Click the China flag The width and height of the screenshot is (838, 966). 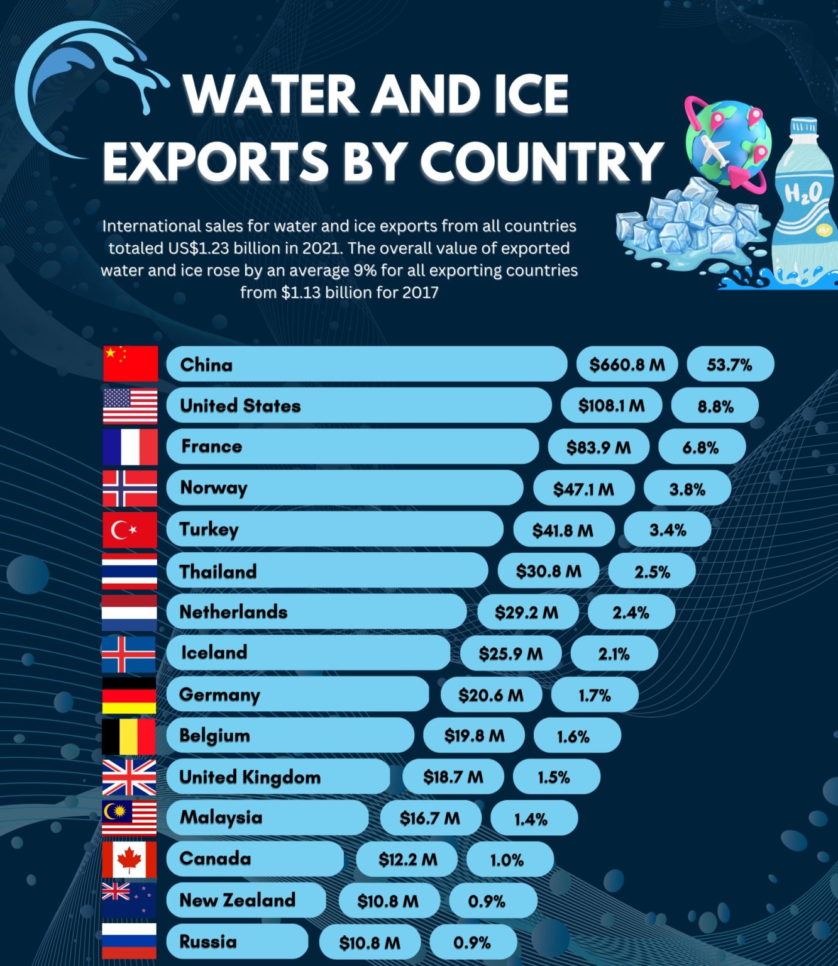coord(130,364)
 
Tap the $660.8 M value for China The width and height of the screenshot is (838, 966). coord(627,365)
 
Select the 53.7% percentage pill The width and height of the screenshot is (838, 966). coord(729,365)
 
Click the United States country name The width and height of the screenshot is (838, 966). coord(240,406)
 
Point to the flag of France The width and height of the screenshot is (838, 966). coord(130,447)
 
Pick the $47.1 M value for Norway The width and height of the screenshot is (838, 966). coord(583,489)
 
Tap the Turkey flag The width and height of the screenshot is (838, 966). coord(130,530)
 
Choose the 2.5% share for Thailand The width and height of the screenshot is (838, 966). coord(652,572)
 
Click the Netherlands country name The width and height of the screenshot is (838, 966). coord(233,612)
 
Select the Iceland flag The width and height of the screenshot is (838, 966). coord(129,654)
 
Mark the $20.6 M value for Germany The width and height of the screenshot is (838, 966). coord(490,695)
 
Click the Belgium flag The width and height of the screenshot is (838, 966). coord(129,736)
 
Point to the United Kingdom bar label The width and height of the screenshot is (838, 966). coord(250,777)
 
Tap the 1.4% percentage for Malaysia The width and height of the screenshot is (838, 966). coord(531,819)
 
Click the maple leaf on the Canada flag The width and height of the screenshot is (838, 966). coord(129,858)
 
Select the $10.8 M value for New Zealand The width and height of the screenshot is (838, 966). coord(388,901)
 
